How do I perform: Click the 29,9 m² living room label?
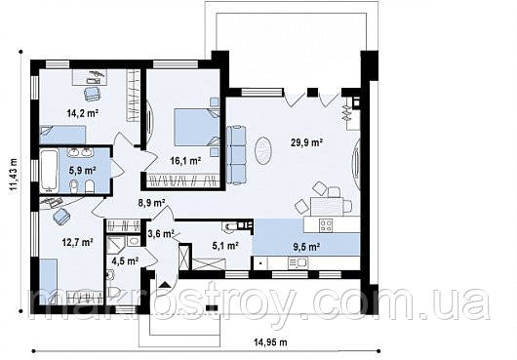[306, 142]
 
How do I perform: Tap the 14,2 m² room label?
[83, 113]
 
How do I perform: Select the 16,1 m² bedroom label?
[185, 161]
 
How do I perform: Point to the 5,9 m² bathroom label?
[82, 171]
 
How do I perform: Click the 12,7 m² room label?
[78, 243]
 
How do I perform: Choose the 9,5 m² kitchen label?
[306, 246]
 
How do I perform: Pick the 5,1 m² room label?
[225, 245]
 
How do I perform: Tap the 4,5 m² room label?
[125, 261]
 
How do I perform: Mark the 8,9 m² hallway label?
[151, 203]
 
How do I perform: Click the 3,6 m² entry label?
[161, 234]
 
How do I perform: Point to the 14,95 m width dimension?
[270, 342]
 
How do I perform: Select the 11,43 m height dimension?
[14, 174]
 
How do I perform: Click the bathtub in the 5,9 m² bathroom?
[49, 171]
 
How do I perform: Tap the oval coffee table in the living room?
[263, 151]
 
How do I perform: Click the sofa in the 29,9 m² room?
[236, 154]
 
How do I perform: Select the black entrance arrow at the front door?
[165, 285]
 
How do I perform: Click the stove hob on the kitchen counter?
[326, 225]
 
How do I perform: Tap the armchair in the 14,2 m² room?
[92, 94]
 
